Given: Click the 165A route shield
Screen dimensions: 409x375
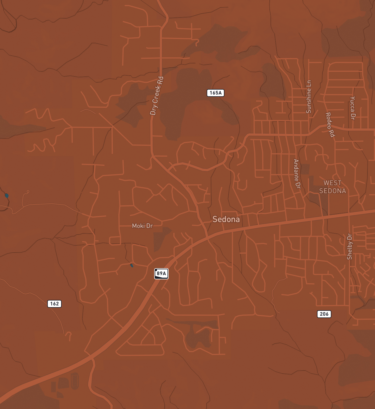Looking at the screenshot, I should [216, 93].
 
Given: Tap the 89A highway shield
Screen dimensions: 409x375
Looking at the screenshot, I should [161, 274].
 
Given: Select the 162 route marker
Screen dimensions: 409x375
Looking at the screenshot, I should [54, 304].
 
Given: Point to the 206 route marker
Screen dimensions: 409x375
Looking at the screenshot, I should [324, 314].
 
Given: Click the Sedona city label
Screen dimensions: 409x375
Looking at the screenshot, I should [226, 219].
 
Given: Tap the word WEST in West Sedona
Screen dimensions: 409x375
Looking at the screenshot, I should [332, 183].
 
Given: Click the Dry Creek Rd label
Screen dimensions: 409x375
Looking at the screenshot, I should [157, 96].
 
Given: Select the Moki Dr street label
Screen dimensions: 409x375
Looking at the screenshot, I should [142, 226].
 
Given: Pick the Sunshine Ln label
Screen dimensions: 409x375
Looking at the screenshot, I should [309, 97].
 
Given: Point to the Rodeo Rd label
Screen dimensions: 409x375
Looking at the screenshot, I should [330, 125].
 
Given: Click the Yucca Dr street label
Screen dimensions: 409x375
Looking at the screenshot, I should [352, 108].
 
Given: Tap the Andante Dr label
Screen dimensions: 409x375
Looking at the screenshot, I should [297, 174].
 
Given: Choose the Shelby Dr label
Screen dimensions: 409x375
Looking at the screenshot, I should [349, 247].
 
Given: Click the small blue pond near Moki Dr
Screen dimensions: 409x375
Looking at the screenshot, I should [132, 265].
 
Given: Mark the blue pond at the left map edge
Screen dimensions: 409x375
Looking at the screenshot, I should [7, 196].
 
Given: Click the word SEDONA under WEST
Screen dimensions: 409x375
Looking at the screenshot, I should [332, 191].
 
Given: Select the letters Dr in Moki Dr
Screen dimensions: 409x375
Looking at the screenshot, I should [149, 226].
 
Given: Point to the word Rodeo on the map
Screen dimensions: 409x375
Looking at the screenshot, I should [328, 120].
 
